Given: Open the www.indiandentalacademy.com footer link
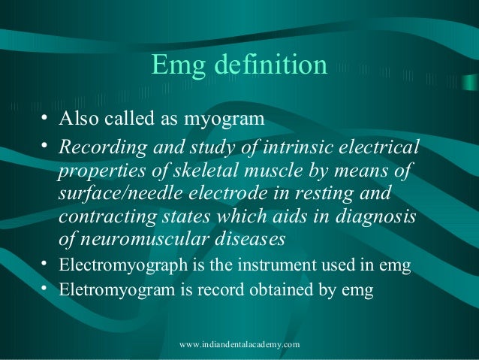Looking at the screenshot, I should pos(240,343).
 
